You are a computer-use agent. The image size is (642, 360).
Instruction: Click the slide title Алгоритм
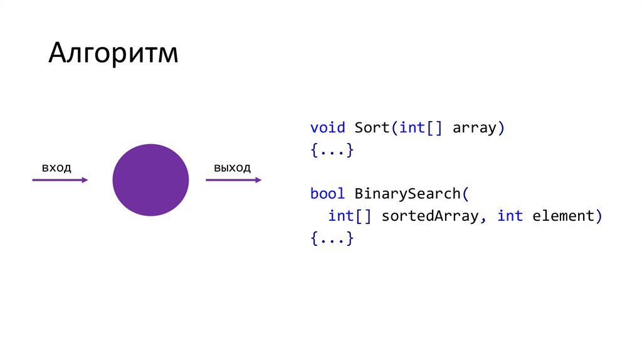(113, 54)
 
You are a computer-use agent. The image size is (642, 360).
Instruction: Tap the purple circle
(150, 180)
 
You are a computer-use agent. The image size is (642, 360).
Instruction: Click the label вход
(56, 167)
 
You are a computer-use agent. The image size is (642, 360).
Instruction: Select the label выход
(232, 167)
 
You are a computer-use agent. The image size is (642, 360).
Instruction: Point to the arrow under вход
(60, 180)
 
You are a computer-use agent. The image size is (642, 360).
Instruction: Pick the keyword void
(327, 128)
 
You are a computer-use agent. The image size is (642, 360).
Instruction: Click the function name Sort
(372, 128)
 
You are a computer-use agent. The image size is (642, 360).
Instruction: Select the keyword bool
(327, 194)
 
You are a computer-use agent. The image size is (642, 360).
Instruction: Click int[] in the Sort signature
(421, 128)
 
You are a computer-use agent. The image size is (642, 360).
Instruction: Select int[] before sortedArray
(350, 216)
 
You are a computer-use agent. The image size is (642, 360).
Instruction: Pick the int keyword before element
(510, 216)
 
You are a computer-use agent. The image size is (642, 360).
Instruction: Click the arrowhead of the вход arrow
(85, 180)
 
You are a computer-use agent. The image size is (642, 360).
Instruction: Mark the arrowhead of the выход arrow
(258, 180)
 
